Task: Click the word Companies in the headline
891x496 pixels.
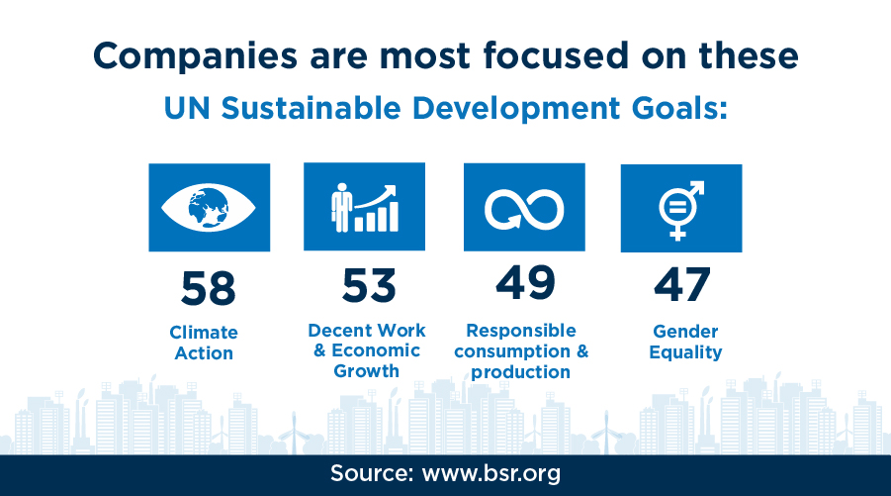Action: [195, 56]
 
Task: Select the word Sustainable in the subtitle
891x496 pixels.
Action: [311, 108]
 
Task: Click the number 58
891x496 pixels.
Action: [208, 288]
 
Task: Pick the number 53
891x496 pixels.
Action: [369, 285]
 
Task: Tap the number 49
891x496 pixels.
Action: [525, 283]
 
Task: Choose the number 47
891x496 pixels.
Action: [682, 284]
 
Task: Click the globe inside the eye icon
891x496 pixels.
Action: [208, 208]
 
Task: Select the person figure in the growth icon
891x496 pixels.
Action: [341, 207]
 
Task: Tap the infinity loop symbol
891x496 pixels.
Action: [524, 209]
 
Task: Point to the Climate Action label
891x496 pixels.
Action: [204, 343]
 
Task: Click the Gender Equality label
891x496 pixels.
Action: [685, 342]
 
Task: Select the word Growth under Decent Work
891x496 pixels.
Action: [367, 371]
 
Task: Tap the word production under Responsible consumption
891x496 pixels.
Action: [520, 372]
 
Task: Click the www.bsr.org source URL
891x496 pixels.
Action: [490, 473]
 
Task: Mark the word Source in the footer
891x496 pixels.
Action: [372, 473]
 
